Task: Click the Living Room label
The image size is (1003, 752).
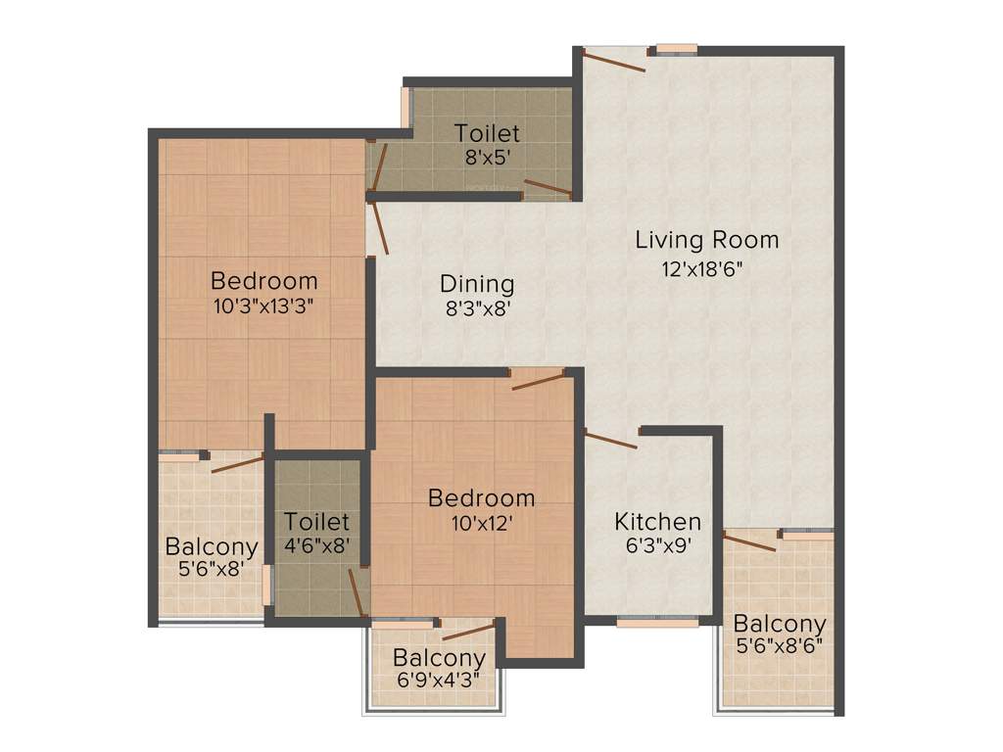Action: pos(706,239)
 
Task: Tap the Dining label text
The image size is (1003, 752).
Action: pos(477,284)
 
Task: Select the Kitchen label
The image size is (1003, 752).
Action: pos(657,522)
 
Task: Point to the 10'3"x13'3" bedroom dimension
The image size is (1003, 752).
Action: pos(264,305)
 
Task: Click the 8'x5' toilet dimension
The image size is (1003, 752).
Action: pos(487,155)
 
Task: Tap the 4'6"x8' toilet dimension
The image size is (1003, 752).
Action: pos(317,545)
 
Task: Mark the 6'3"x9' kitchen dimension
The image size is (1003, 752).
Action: pos(658,546)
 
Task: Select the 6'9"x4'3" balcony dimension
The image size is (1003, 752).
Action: pos(439,682)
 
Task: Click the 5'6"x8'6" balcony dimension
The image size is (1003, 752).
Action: pos(780,646)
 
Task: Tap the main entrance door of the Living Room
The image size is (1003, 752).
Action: pos(613,61)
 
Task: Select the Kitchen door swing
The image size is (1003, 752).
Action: pos(611,440)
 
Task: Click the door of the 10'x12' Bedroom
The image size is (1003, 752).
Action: pos(539,379)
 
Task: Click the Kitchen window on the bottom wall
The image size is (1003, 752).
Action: pos(657,621)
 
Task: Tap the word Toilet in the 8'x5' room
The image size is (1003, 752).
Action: pos(487,132)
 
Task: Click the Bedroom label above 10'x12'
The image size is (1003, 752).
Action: pos(481,498)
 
